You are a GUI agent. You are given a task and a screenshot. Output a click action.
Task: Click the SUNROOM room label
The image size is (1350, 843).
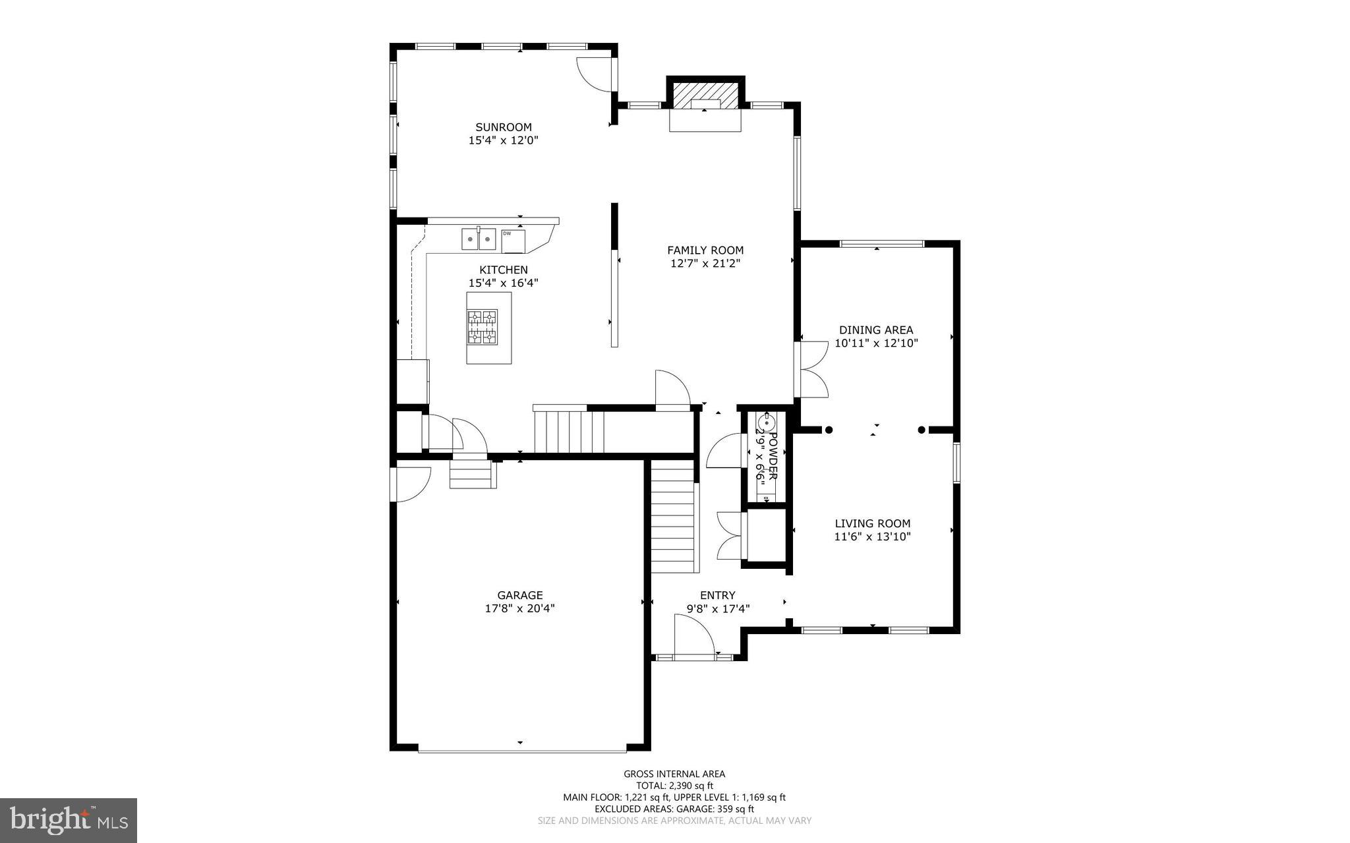click(x=504, y=127)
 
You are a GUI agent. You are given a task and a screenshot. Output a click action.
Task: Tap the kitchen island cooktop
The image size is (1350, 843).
click(x=483, y=327)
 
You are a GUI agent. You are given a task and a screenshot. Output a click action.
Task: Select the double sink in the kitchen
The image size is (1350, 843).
click(x=479, y=239)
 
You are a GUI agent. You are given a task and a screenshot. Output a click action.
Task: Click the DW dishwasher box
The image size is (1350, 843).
click(x=514, y=241)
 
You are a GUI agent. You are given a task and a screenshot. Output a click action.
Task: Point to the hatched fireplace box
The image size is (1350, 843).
click(x=705, y=96)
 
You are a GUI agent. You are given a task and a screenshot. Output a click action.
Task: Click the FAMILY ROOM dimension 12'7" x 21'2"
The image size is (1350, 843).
click(x=705, y=264)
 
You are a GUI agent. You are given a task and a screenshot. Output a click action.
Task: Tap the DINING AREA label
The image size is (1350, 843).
click(x=876, y=330)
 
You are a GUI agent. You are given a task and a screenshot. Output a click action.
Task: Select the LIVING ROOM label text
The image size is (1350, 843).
click(x=872, y=524)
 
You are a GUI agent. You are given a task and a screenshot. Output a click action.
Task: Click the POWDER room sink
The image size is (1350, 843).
click(x=765, y=420)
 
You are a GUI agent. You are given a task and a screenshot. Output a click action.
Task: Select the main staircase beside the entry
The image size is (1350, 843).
click(x=674, y=517)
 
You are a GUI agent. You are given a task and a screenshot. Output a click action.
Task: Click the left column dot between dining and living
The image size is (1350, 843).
click(x=829, y=430)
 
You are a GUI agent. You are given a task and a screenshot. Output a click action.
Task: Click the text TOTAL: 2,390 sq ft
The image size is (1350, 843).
click(x=674, y=786)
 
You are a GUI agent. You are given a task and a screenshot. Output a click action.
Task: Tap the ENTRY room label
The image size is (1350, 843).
click(x=717, y=595)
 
